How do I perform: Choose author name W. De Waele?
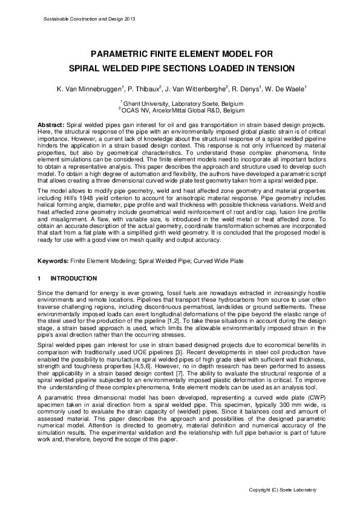[x=285, y=89]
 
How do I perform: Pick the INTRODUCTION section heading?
[x=73, y=278]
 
